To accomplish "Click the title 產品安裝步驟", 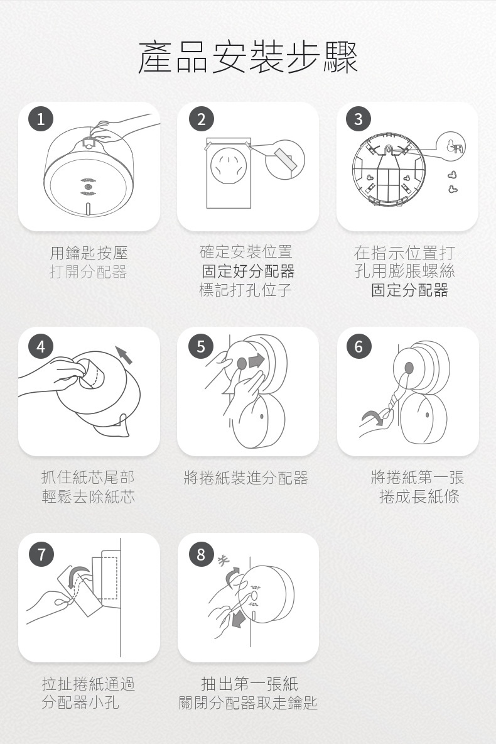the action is coord(248,57).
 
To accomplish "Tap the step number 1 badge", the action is coord(41,119).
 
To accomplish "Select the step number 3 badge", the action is coord(359,119).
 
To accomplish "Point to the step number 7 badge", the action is coord(41,554).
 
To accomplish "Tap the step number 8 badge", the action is coord(201,554).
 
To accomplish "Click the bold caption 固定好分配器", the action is coord(248,271).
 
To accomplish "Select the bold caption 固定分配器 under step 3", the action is coord(410,290).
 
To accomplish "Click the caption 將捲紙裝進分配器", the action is coord(245,478).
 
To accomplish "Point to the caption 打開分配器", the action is coord(88,272).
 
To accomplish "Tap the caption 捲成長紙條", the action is coord(419,496).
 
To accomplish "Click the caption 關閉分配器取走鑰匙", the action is coord(248,703).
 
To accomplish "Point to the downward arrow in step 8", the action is coord(237,618).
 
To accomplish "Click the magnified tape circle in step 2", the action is coord(284,160).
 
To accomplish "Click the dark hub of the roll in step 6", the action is coord(409,368).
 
